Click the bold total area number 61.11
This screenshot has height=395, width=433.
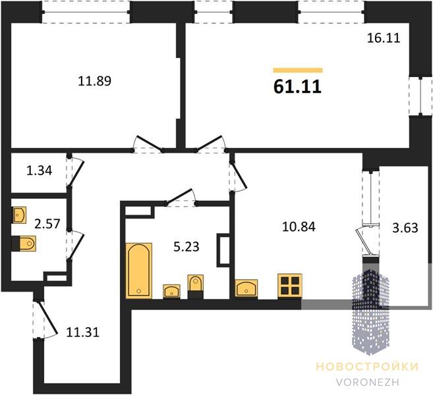point(297,87)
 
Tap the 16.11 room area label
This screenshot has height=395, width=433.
point(384,38)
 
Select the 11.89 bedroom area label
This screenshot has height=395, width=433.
point(94,81)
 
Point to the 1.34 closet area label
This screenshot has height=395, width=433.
point(39,171)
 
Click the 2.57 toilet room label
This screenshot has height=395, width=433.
point(47,223)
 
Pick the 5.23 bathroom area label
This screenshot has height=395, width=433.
point(186,247)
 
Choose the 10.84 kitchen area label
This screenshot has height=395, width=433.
point(299,226)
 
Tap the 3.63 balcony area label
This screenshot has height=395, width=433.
point(405,228)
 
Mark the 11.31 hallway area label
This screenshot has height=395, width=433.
point(82,332)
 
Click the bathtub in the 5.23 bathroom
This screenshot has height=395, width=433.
point(139,271)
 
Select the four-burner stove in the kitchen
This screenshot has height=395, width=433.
point(290,286)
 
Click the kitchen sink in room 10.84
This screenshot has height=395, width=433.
point(246,288)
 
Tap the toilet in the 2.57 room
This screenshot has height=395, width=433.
point(24,244)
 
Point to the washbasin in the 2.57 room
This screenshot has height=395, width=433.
point(19,215)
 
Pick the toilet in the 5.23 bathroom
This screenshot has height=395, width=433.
point(195,286)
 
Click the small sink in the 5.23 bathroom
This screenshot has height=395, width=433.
point(171,291)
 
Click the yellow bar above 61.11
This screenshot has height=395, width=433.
point(298,70)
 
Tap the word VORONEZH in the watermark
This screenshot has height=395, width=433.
point(368,382)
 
